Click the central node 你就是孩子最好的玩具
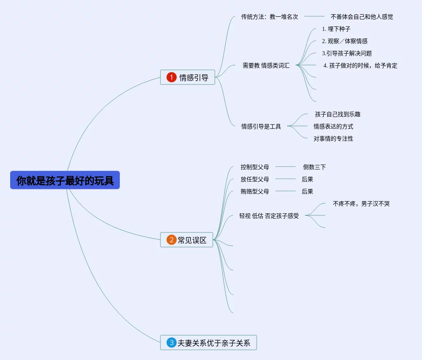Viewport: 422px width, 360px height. click(65, 180)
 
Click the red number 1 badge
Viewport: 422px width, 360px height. click(171, 77)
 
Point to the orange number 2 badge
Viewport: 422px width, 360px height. click(171, 240)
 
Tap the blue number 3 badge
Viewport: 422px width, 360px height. click(171, 343)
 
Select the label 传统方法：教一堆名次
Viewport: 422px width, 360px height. click(269, 17)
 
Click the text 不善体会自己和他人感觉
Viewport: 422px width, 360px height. click(361, 17)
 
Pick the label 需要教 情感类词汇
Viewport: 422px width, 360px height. click(266, 65)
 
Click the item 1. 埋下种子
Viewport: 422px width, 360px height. click(336, 29)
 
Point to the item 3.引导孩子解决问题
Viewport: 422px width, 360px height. click(346, 53)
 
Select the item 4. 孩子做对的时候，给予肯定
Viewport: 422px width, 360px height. click(360, 65)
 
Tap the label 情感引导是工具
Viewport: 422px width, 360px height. click(261, 126)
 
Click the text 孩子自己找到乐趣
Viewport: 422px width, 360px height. click(338, 114)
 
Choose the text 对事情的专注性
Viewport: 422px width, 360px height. click(333, 139)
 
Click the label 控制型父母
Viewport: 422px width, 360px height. click(255, 167)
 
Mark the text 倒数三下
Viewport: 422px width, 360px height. click(314, 167)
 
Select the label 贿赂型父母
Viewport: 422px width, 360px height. click(255, 191)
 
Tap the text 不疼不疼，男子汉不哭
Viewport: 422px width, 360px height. click(361, 204)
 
